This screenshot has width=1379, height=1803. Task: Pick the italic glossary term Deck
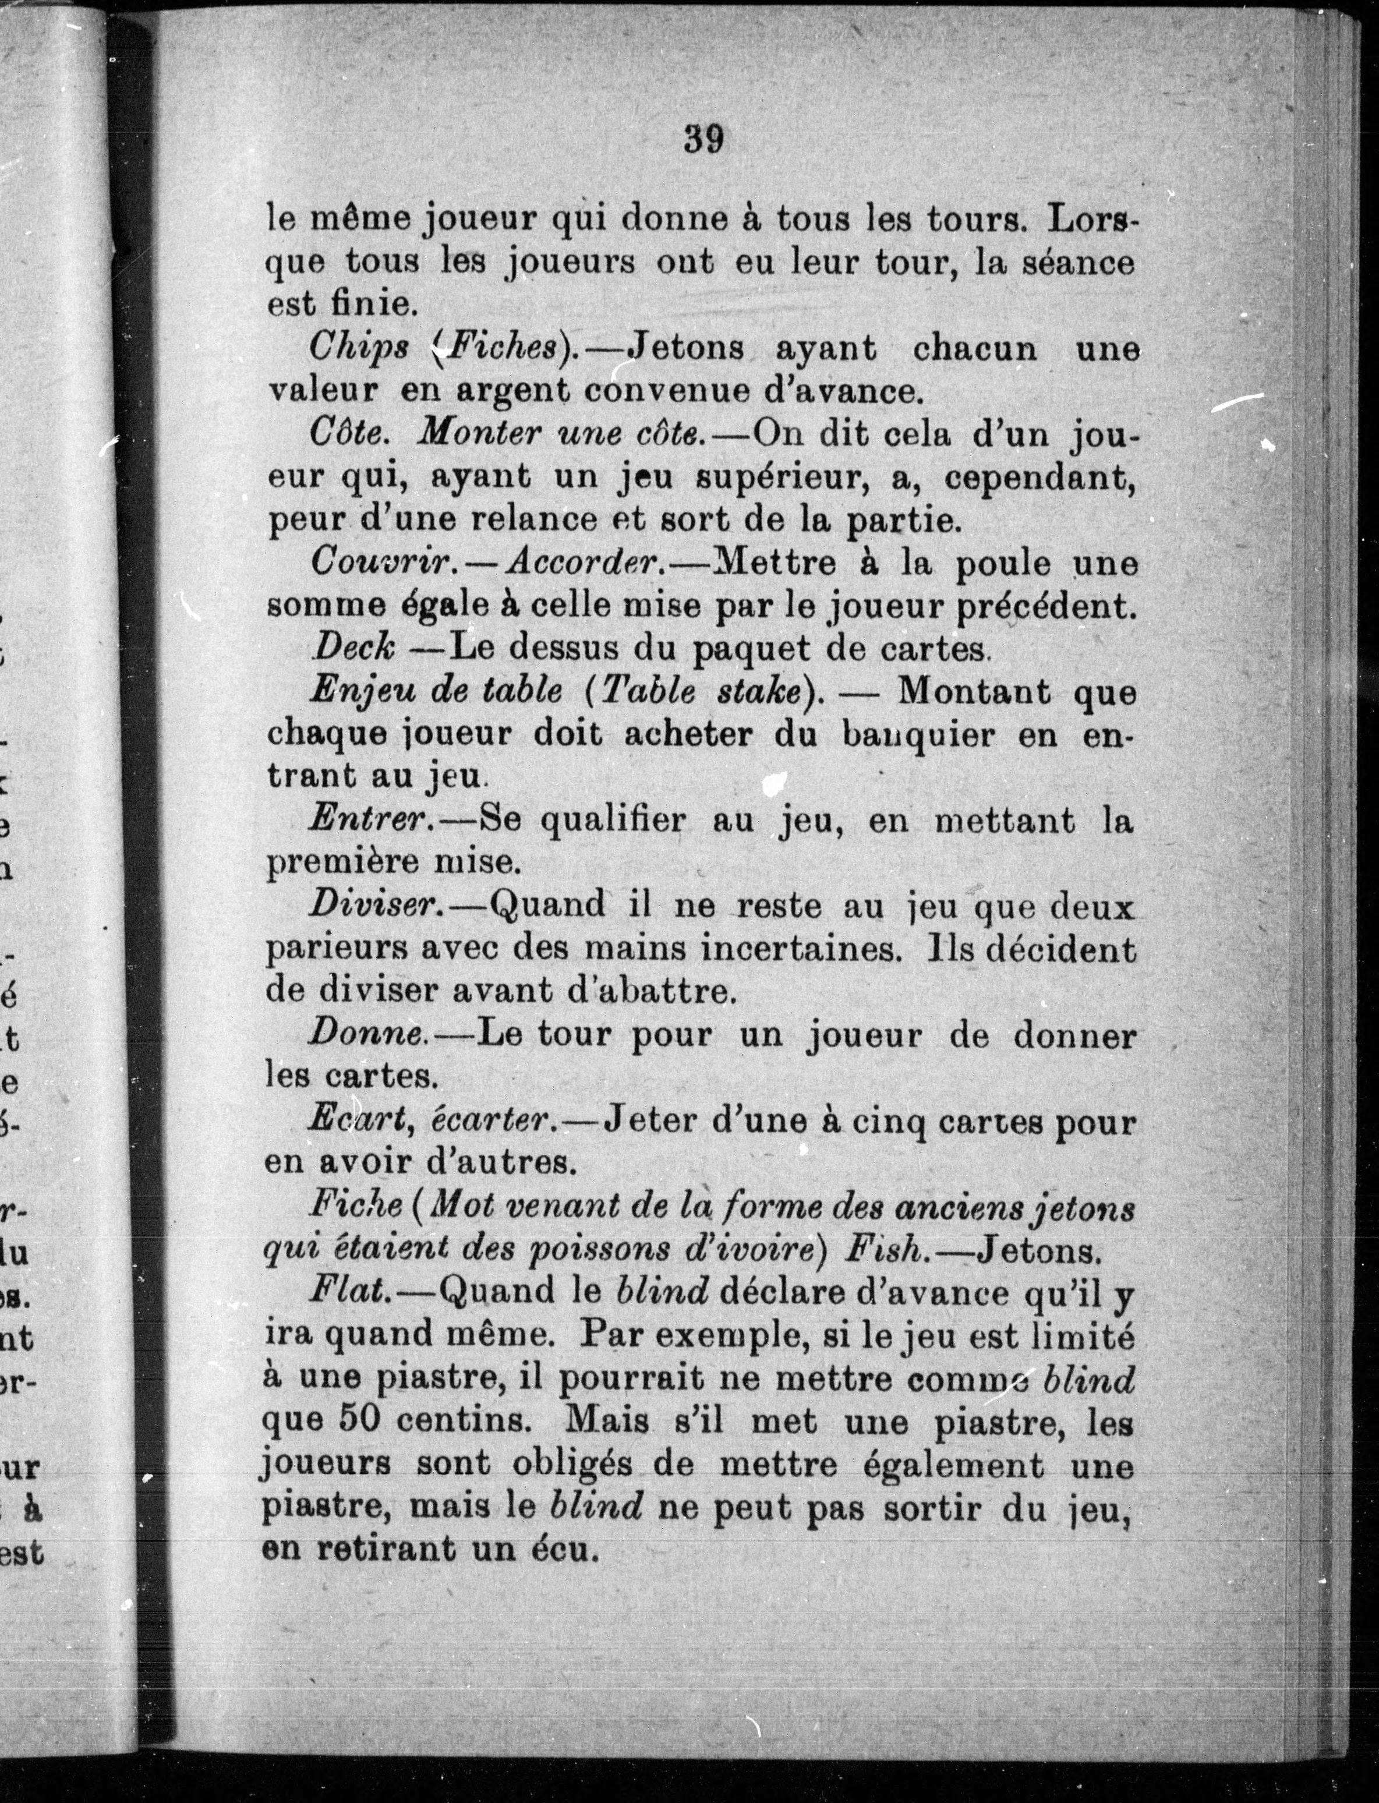[354, 648]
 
